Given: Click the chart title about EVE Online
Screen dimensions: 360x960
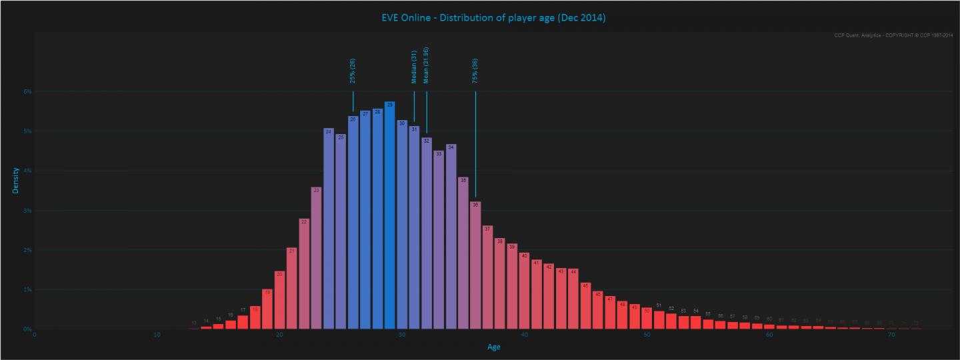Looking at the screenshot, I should coord(494,18).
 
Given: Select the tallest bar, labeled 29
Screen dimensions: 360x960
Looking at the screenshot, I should coord(390,216).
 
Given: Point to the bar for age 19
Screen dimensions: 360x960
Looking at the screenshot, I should coord(267,309).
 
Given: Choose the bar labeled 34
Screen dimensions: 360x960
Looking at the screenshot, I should coord(451,237).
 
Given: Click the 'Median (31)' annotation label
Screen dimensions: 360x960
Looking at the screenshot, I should coord(414,67).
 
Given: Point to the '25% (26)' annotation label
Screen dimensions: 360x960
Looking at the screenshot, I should coord(353,71).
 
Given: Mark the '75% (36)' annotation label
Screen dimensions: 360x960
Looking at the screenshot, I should coord(475,71).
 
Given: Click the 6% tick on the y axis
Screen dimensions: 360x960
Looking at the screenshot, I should coord(27,91).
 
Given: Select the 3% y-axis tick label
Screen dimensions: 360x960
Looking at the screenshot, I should coord(27,211).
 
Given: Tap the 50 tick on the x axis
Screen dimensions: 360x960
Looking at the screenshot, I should coord(647,335).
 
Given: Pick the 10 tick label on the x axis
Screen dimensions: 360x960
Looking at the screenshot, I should coord(157,335).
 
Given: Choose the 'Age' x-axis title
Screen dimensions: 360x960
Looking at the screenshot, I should coord(493,347).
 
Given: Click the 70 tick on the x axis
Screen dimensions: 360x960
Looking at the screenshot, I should coord(892,335).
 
